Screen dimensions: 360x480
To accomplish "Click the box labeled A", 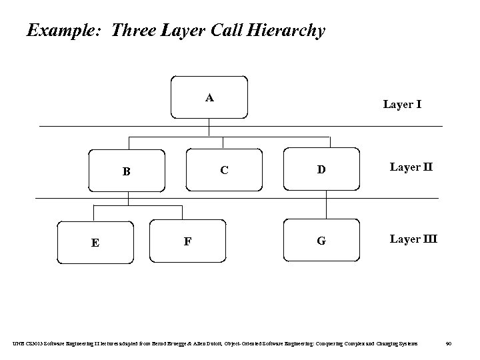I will tap(209, 98).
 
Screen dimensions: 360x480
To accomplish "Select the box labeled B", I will tap(127, 171).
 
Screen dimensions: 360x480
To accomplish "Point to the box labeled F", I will tap(187, 241).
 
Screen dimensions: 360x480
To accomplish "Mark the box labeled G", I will tap(321, 241).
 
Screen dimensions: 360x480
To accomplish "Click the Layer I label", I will tap(402, 105).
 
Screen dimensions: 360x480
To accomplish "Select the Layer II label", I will tap(411, 167).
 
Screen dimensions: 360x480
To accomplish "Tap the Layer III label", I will tap(413, 239).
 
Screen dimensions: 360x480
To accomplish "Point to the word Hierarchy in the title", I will tap(285, 31).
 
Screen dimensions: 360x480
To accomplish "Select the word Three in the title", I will tap(136, 31).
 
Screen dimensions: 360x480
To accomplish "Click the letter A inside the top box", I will tap(209, 98).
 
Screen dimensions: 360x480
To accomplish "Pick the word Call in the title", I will tap(224, 31).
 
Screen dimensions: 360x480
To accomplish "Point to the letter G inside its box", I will tap(321, 241).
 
